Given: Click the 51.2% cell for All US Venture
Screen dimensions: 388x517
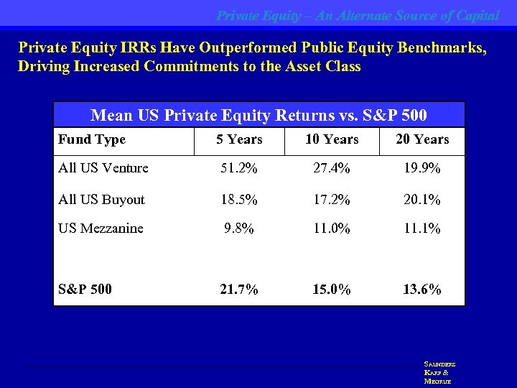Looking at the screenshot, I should pyautogui.click(x=239, y=168).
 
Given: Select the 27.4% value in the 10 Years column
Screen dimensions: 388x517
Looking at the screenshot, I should pyautogui.click(x=331, y=168).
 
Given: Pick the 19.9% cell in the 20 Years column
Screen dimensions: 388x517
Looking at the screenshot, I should pyautogui.click(x=421, y=168).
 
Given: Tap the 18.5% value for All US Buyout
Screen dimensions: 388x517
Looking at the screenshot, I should pyautogui.click(x=239, y=200).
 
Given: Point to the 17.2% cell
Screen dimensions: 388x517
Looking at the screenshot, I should pyautogui.click(x=331, y=200).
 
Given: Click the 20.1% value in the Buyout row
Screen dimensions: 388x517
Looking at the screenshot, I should pyautogui.click(x=421, y=200).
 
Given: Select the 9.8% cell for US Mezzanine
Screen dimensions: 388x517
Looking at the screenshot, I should pyautogui.click(x=239, y=228).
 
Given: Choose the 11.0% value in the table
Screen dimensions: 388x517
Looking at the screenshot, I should pyautogui.click(x=331, y=228).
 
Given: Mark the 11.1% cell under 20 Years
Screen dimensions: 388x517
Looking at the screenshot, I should pyautogui.click(x=421, y=228).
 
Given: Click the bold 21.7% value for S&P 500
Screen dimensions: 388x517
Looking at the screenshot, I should pyautogui.click(x=239, y=290).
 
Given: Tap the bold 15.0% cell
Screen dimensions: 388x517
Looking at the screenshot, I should pyautogui.click(x=331, y=290).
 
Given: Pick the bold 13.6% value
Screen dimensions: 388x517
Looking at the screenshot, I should pyautogui.click(x=421, y=290).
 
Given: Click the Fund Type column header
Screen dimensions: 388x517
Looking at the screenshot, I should pyautogui.click(x=92, y=139).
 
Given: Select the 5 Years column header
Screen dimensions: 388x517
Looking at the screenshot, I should pyautogui.click(x=239, y=139).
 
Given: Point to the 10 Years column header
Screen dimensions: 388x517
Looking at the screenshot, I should pyautogui.click(x=331, y=139).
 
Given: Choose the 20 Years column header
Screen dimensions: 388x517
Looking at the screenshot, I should pyautogui.click(x=421, y=139).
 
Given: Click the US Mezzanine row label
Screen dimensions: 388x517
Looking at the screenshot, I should pyautogui.click(x=101, y=228).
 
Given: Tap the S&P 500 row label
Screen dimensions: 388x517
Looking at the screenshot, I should pyautogui.click(x=85, y=290).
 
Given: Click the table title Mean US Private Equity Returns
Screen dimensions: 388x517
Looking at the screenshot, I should pyautogui.click(x=258, y=115).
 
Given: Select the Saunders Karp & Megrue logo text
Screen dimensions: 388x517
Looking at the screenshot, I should pyautogui.click(x=439, y=373).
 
